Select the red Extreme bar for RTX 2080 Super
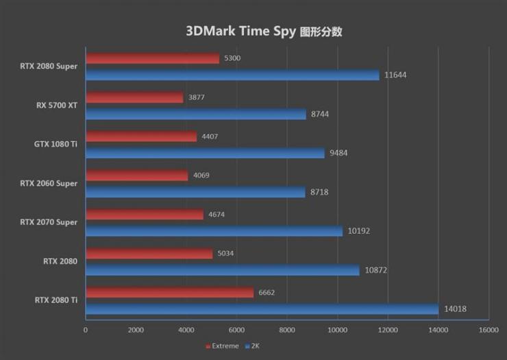(x=153, y=58)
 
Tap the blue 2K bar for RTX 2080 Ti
(x=262, y=309)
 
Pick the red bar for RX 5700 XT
(x=134, y=97)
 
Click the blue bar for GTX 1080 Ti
(x=206, y=153)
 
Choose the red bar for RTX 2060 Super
(x=137, y=175)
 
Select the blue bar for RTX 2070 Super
(x=214, y=231)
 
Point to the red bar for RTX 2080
(x=149, y=253)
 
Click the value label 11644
(x=395, y=75)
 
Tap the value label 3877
(x=196, y=97)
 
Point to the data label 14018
(x=455, y=309)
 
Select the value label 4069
(x=201, y=175)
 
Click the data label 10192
(x=359, y=231)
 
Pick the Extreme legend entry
(x=222, y=346)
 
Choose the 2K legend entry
(x=252, y=346)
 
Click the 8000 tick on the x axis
(x=287, y=330)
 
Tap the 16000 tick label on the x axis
(x=489, y=330)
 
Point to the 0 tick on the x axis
(x=86, y=330)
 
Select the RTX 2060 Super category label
(x=49, y=183)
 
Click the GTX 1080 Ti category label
(x=55, y=144)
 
